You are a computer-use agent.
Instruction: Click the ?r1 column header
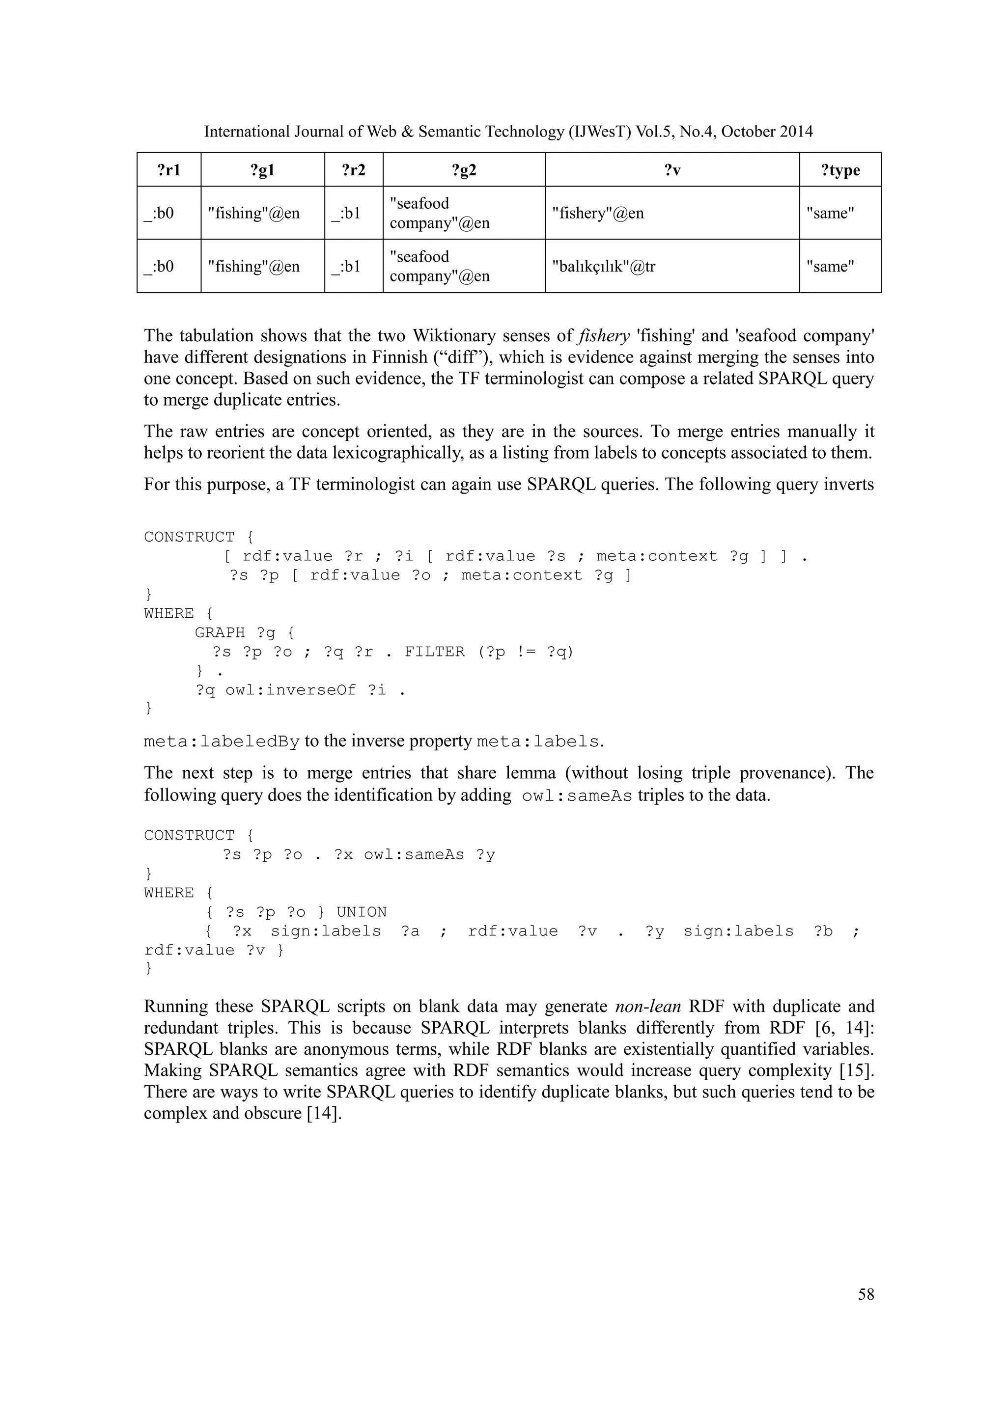pyautogui.click(x=168, y=170)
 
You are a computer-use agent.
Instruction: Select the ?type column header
pyautogui.click(x=840, y=170)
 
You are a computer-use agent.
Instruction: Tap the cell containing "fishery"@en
pyautogui.click(x=598, y=213)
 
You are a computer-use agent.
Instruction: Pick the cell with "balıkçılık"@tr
pyautogui.click(x=603, y=266)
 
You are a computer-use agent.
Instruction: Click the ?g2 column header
pyautogui.click(x=464, y=170)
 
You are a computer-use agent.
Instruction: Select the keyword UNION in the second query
pyautogui.click(x=361, y=912)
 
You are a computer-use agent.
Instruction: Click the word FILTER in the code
pyautogui.click(x=434, y=652)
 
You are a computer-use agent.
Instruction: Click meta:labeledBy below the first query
pyautogui.click(x=222, y=741)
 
